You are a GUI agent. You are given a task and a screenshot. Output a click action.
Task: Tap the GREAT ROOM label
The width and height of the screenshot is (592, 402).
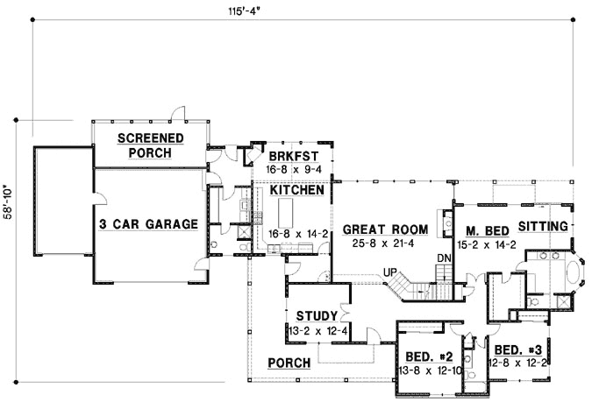pyautogui.click(x=385, y=229)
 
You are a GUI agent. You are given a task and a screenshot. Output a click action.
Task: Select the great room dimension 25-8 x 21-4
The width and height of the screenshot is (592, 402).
pyautogui.click(x=385, y=242)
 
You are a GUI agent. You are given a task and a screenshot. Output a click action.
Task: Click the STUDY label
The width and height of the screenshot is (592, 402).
pyautogui.click(x=313, y=316)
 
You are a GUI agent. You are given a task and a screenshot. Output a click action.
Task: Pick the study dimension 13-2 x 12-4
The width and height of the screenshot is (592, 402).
pyautogui.click(x=315, y=330)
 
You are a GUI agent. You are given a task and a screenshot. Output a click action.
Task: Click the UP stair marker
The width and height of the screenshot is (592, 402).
pyautogui.click(x=389, y=272)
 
